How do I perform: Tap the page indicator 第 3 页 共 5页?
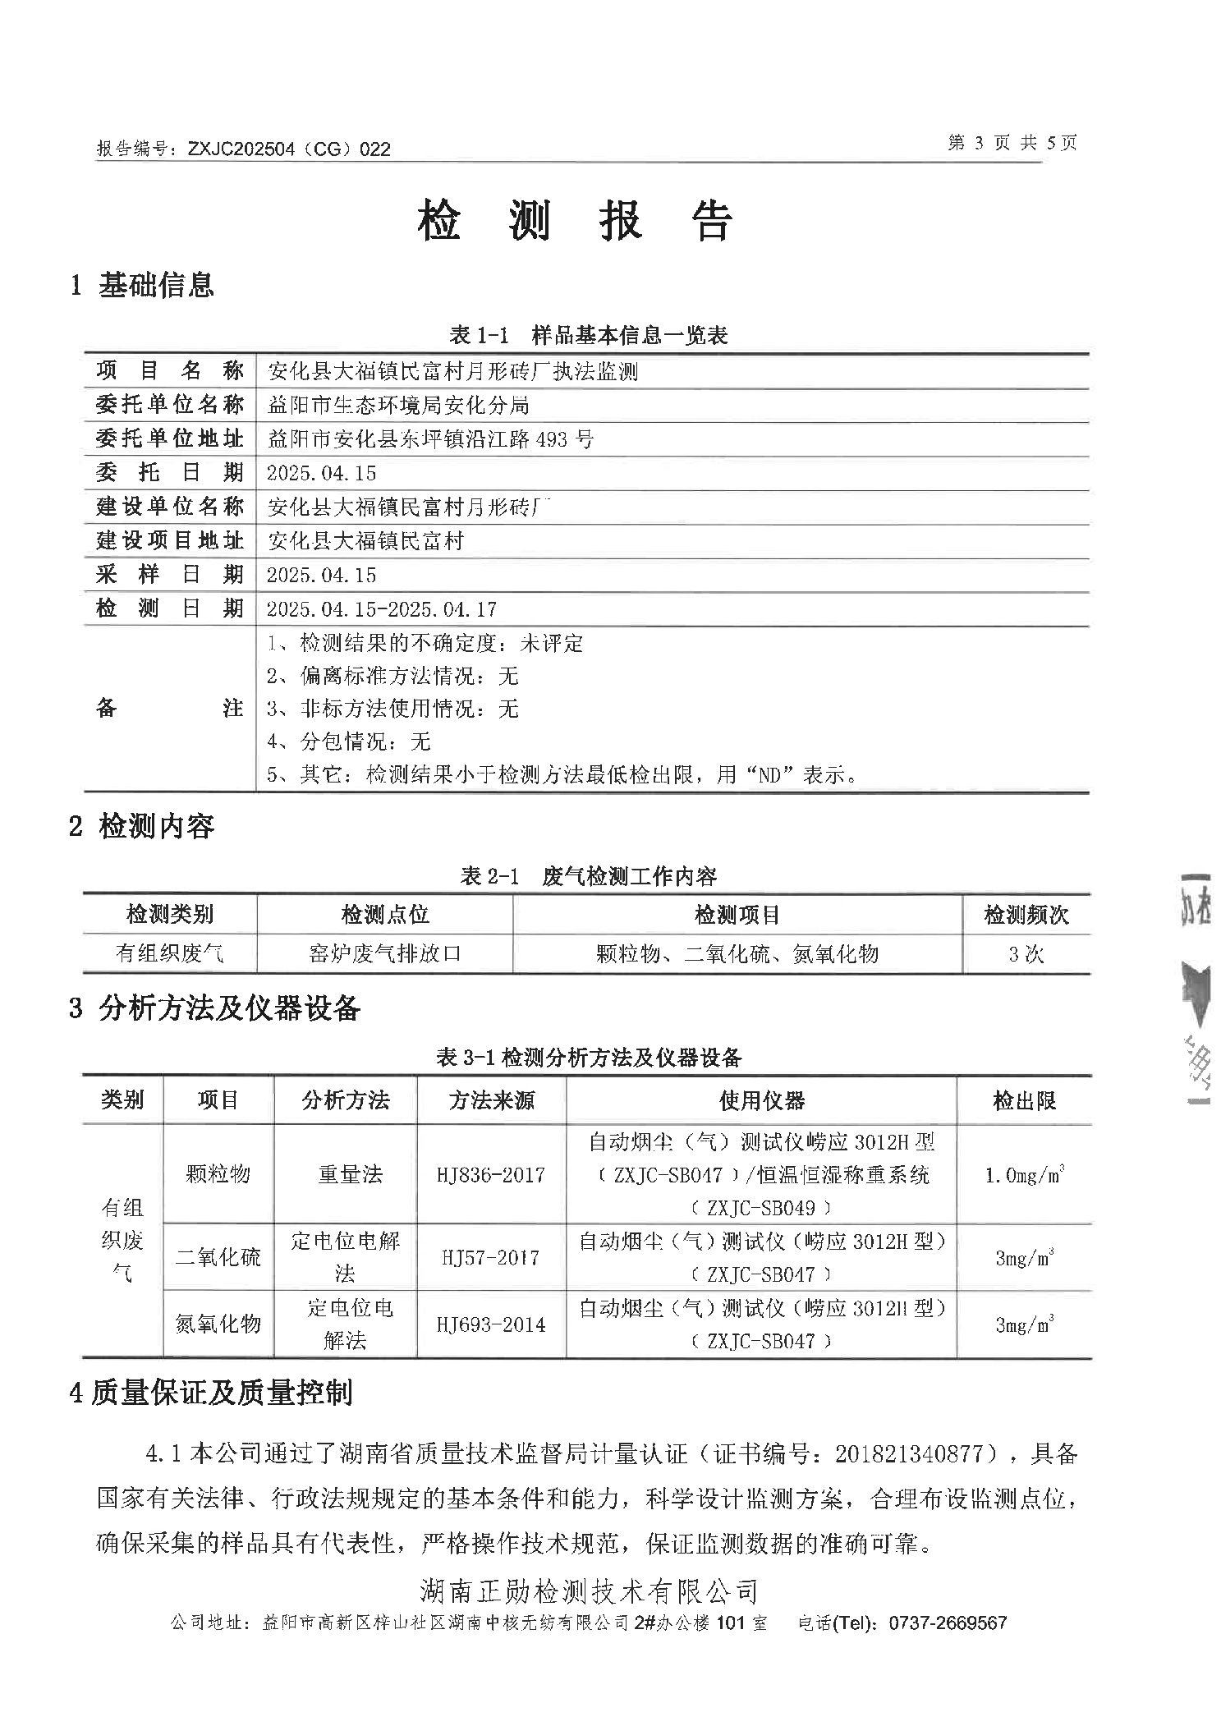tap(1012, 143)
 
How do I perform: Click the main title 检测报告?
tap(575, 221)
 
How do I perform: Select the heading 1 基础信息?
tap(143, 285)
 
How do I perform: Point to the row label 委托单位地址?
tap(169, 438)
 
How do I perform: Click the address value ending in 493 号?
tap(430, 439)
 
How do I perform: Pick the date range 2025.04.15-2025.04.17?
tap(382, 609)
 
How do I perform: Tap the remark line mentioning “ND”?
tap(562, 774)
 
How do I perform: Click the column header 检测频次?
tap(1026, 915)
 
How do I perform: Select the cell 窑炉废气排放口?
tap(384, 953)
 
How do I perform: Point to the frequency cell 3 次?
tap(1026, 954)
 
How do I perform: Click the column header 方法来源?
tap(491, 1100)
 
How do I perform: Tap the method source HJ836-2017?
tap(491, 1175)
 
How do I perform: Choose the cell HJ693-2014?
tap(491, 1324)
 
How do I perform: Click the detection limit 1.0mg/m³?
tap(1024, 1175)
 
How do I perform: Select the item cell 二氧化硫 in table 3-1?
tap(218, 1257)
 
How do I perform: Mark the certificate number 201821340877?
tap(908, 1454)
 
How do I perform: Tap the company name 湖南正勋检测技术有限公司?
tap(589, 1591)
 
